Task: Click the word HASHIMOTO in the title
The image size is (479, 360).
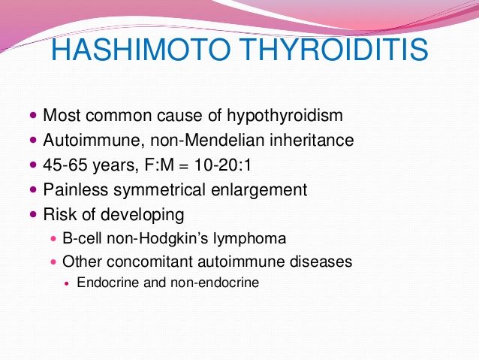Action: click(141, 50)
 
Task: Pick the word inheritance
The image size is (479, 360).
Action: click(312, 140)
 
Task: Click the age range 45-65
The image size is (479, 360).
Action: click(65, 165)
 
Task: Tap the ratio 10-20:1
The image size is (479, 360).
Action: click(223, 165)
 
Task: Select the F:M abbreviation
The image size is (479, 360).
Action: click(159, 165)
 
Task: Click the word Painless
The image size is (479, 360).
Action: click(76, 189)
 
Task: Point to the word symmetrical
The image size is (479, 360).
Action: click(159, 190)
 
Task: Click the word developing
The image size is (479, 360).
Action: click(143, 215)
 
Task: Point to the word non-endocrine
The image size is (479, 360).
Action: click(215, 283)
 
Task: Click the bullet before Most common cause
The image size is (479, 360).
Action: click(33, 116)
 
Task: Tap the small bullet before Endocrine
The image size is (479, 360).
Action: click(68, 283)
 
